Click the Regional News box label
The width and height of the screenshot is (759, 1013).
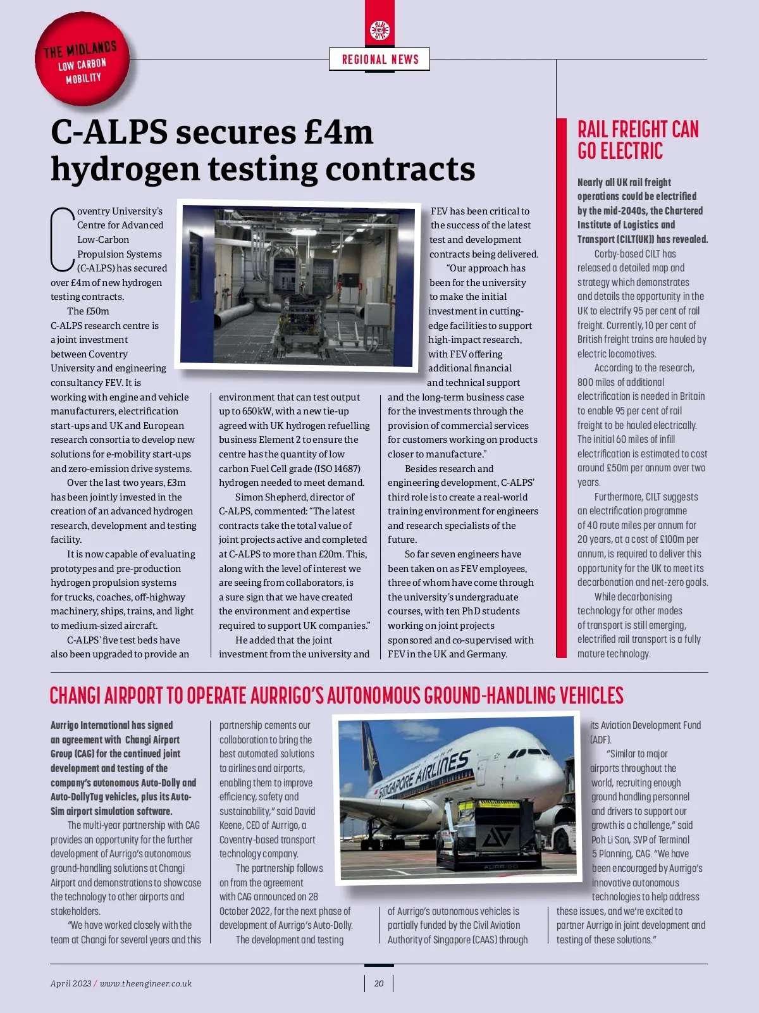pos(379,59)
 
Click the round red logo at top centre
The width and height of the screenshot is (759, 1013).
pos(379,30)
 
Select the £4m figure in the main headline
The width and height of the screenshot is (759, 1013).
pos(338,132)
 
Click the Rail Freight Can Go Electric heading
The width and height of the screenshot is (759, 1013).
pos(638,140)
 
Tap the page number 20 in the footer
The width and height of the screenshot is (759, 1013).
pos(379,983)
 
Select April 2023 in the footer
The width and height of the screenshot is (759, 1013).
pos(71,983)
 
